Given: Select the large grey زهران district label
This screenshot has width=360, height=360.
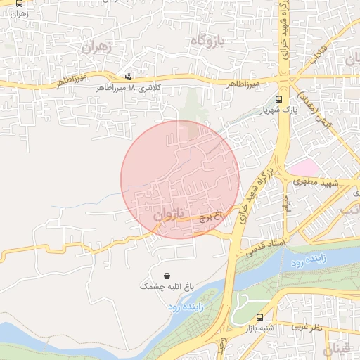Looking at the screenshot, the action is coord(98,49).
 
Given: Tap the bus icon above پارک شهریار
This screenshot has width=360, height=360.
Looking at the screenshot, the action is coord(279,100).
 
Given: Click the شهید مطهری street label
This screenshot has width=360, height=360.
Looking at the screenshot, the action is coord(321,182).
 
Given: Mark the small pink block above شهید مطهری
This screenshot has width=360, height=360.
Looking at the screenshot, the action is coord(304,167).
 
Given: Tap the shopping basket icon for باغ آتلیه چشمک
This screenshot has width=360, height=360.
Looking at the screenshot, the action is coord(166,276).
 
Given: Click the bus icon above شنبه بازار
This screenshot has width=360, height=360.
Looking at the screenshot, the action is coord(260,317).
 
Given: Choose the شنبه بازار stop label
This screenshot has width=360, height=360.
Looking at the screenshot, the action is coord(258,328).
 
